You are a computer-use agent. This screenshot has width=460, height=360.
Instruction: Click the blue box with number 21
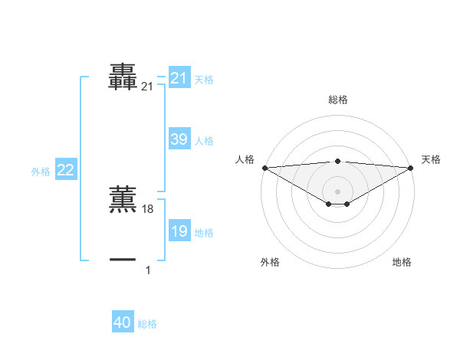[179, 78]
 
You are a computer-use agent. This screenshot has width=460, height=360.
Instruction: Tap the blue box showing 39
[179, 139]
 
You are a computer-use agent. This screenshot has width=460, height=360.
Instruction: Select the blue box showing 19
[179, 231]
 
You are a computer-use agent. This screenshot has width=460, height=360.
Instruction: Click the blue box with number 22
[65, 170]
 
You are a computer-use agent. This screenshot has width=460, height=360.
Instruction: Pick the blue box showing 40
[123, 322]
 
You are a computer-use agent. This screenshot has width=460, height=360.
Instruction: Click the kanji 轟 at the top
[123, 78]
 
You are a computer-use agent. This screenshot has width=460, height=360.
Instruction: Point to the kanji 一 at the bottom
[123, 260]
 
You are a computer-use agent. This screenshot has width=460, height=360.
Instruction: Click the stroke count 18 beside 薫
[148, 209]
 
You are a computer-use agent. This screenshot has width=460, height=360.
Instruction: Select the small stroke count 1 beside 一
[148, 270]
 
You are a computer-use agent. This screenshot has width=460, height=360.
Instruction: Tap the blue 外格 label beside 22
[41, 172]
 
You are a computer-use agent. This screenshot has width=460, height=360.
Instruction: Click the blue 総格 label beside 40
[147, 324]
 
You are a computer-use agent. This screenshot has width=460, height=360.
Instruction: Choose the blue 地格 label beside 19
[204, 233]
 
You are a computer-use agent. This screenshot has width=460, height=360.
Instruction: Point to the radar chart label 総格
[337, 100]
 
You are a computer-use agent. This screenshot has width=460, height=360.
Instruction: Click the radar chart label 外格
[270, 262]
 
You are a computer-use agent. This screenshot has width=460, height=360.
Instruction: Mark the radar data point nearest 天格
[411, 168]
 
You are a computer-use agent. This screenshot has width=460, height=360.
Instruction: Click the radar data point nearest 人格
[264, 168]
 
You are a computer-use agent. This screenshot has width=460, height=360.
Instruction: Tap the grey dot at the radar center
[337, 191]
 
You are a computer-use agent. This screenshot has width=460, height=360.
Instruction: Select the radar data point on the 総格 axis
[337, 162]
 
